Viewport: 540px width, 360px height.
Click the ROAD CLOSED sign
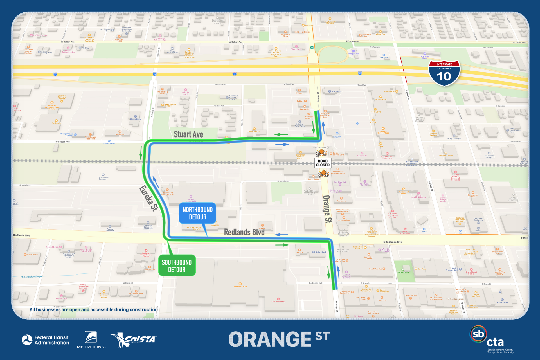pos(323,163)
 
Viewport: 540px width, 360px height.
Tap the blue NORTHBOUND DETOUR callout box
pos(197,213)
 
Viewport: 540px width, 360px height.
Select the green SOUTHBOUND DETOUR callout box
pos(177,266)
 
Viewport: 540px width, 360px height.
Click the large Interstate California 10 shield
pos(444,73)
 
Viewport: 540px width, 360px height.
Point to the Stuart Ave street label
pos(188,134)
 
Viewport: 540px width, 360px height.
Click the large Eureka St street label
pos(148,198)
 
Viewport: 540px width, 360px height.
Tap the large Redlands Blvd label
pos(244,232)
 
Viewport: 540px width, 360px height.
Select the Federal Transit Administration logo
pos(46,340)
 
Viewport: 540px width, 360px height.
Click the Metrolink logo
pos(91,340)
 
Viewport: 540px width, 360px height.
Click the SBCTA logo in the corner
pos(492,339)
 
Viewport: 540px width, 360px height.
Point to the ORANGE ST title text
pos(279,339)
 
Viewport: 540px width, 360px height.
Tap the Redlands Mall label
pos(240,287)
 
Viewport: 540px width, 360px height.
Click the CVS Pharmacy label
pos(278,301)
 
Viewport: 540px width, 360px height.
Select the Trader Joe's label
pos(375,112)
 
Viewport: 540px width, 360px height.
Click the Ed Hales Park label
pos(403,272)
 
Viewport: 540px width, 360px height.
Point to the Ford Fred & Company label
pos(103,178)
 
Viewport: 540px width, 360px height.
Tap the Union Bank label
pos(321,252)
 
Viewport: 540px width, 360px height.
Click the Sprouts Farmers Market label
pos(62,97)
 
